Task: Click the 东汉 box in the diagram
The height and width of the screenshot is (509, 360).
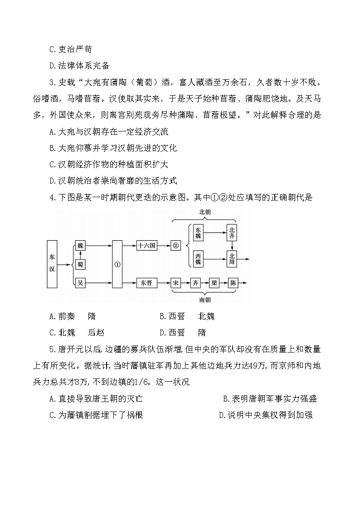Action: [52, 264]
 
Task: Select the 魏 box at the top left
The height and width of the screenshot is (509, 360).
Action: [80, 246]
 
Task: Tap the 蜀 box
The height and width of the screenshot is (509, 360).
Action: [80, 264]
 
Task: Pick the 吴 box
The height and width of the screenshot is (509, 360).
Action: [80, 283]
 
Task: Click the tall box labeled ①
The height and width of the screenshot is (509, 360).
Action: [117, 264]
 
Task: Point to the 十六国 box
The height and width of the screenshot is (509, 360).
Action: [146, 246]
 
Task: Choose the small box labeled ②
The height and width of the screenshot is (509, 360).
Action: [175, 246]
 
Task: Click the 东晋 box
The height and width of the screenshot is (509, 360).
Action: [146, 283]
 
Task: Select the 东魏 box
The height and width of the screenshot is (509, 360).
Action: [198, 233]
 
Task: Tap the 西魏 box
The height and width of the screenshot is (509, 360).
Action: [198, 259]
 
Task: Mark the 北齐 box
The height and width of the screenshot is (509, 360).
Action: [232, 233]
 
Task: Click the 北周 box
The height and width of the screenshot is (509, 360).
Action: [232, 259]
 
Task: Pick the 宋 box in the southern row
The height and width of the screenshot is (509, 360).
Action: [175, 283]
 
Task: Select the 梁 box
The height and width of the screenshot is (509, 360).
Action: [214, 283]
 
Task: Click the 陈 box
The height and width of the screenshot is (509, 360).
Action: [233, 283]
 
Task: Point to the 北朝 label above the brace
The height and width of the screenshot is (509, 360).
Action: [205, 213]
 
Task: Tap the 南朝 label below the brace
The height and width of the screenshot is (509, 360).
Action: [205, 300]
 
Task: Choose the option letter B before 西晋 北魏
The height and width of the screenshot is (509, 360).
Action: [162, 316]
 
